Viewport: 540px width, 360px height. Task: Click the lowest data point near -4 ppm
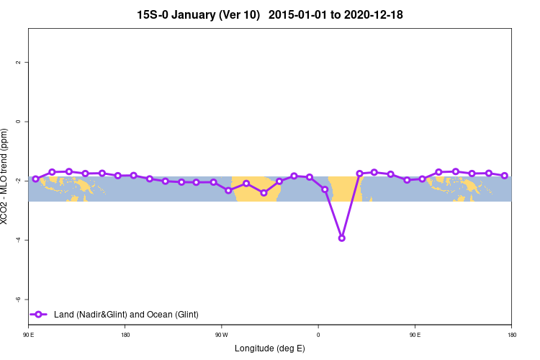point(341,238)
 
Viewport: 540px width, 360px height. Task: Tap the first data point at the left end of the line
point(35,179)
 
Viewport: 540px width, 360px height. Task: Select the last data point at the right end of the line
point(504,176)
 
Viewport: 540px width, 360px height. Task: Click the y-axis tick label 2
point(18,63)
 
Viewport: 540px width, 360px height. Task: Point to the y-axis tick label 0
point(18,122)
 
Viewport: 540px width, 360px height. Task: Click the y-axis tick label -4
point(18,240)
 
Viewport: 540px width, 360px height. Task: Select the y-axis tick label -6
point(18,299)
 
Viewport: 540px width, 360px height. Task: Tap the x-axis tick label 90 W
point(221,335)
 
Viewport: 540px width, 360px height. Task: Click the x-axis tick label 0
point(318,335)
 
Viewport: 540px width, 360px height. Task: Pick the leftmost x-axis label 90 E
point(28,335)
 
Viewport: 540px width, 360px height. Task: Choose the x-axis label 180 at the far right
point(511,335)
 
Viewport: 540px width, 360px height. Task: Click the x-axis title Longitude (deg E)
point(270,348)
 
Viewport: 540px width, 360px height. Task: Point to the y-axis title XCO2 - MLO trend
point(6,176)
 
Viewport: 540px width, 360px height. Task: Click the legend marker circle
point(40,315)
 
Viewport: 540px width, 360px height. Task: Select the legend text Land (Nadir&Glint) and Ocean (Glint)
point(126,315)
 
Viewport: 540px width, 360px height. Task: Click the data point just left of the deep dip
point(325,189)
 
